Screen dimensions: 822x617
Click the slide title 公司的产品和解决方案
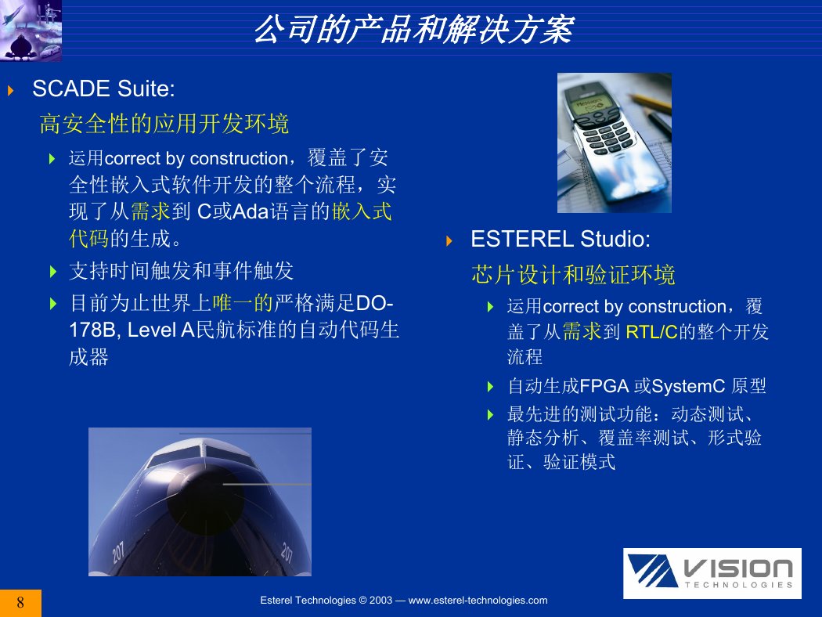pos(413,29)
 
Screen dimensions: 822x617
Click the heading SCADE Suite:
pos(104,88)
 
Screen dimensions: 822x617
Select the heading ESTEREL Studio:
pos(561,239)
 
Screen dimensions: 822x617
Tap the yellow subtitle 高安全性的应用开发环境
pos(164,124)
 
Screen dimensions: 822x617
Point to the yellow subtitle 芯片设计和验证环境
pos(573,275)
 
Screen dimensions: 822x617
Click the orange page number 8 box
pos(20,603)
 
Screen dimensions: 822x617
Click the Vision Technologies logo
pos(712,573)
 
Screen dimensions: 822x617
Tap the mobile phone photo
pos(615,143)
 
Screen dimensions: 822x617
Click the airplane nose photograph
pos(200,502)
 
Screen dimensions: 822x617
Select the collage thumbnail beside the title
pos(31,31)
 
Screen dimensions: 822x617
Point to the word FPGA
pos(604,386)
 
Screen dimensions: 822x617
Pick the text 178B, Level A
pos(132,330)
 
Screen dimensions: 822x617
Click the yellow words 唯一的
pos(243,303)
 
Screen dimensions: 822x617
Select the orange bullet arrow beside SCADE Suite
pos(10,91)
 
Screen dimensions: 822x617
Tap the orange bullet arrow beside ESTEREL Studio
pos(449,241)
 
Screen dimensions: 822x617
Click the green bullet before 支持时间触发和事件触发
pos(53,272)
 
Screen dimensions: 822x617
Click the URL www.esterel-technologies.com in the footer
pos(478,601)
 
